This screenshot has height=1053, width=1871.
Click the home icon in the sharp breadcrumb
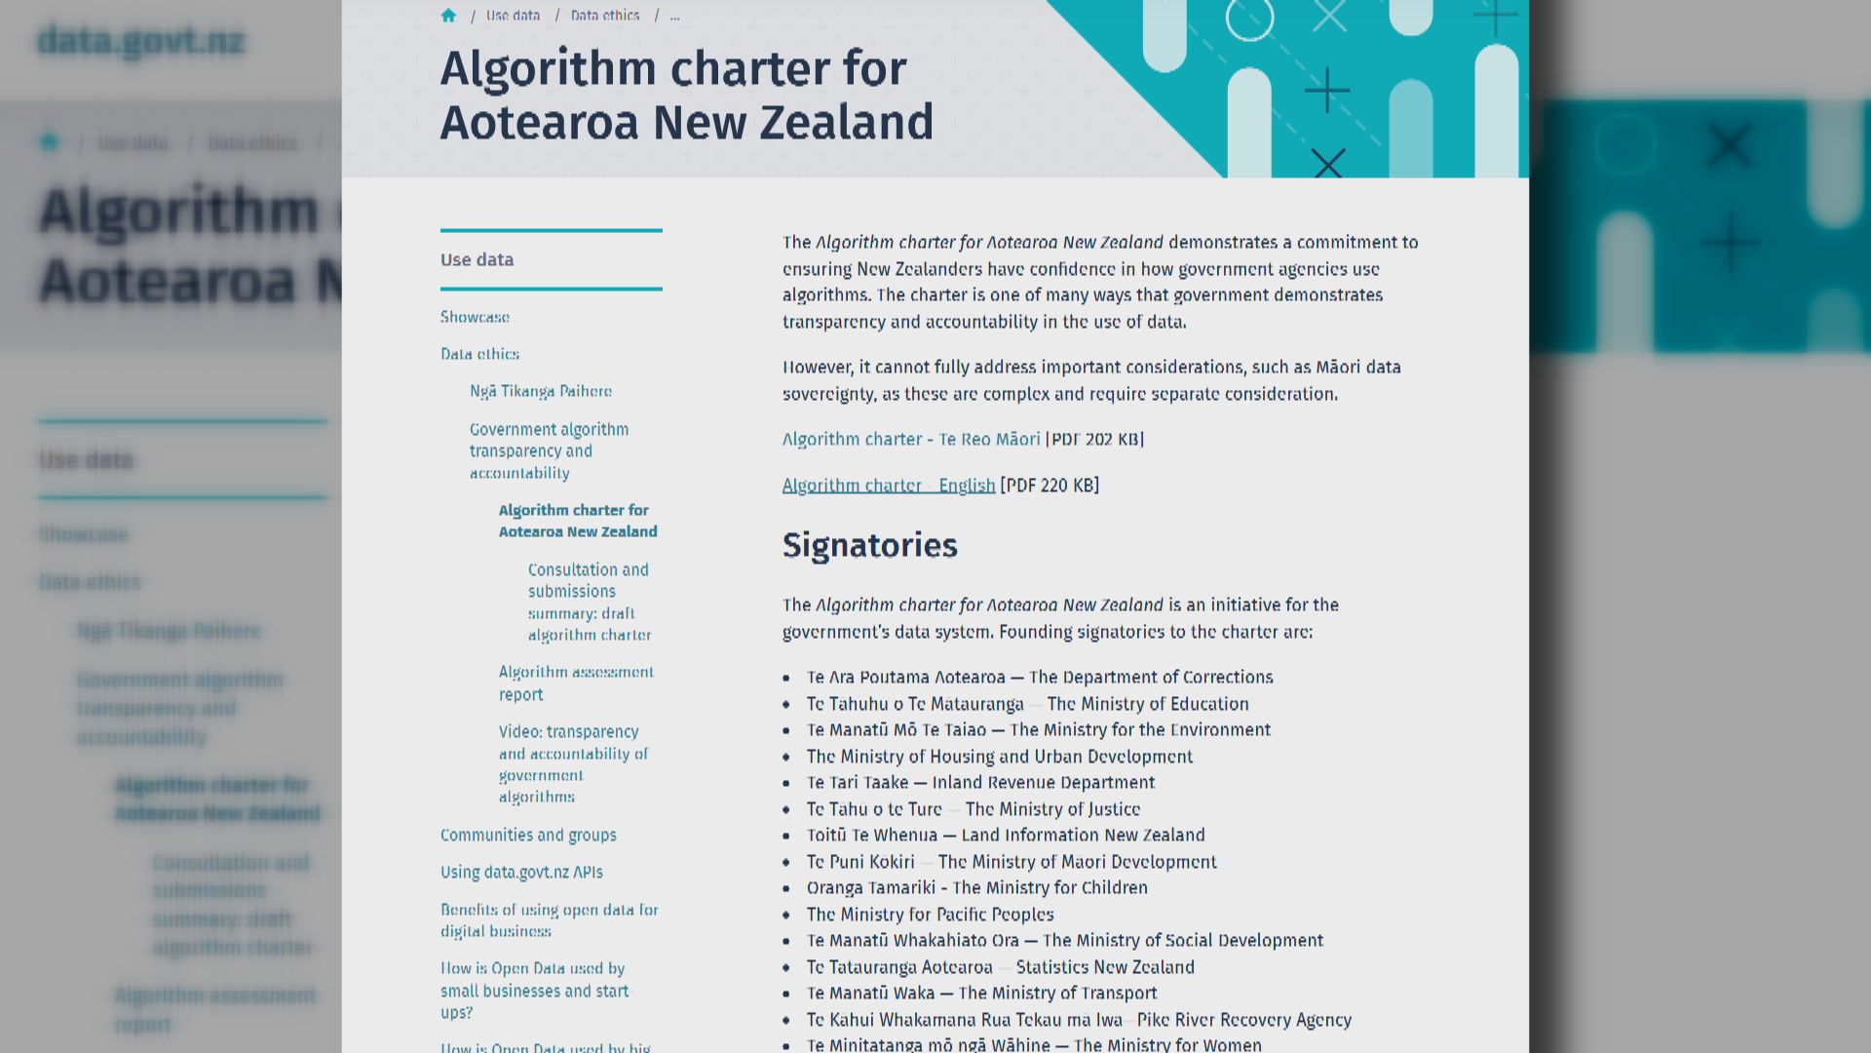point(448,16)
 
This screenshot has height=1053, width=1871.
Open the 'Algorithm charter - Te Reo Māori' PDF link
point(910,440)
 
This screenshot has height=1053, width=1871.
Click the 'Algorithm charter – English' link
point(888,486)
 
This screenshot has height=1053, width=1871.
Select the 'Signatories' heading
point(869,546)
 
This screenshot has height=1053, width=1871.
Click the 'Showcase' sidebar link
point(475,317)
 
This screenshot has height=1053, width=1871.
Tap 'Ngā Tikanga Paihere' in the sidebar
point(540,391)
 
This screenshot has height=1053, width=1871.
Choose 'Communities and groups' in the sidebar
point(528,836)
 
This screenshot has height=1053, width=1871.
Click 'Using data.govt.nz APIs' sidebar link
point(521,873)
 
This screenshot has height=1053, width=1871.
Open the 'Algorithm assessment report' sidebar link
point(575,683)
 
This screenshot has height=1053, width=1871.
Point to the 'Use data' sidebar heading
point(477,259)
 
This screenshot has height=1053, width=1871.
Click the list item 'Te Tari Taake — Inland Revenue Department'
point(980,783)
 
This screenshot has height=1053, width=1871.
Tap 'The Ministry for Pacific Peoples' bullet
point(930,915)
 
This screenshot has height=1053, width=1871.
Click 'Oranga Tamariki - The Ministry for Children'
point(976,888)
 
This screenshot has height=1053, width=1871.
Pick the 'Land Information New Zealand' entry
point(1006,836)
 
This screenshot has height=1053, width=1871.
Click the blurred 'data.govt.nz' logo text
point(140,42)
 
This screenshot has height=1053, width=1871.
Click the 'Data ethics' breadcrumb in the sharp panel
point(605,16)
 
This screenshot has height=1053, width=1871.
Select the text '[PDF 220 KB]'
point(1050,486)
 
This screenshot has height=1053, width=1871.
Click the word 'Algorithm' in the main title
point(548,69)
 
